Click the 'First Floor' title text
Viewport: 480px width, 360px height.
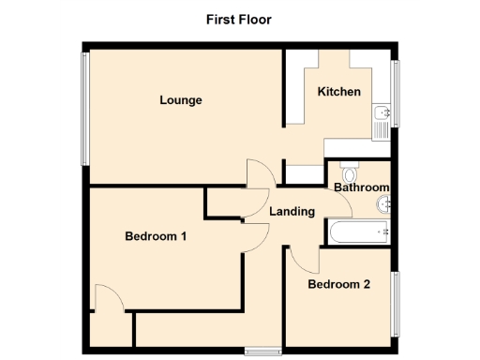(x=239, y=19)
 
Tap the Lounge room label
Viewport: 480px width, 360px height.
(x=181, y=100)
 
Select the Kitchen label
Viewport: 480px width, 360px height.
(x=338, y=92)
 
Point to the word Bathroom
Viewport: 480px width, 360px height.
(x=361, y=187)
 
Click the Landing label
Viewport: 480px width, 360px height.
(x=292, y=212)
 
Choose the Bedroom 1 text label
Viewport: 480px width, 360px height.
(x=156, y=237)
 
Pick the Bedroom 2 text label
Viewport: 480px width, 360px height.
(x=338, y=284)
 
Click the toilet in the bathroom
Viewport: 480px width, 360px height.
(x=350, y=174)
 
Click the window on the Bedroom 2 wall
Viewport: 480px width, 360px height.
(x=395, y=302)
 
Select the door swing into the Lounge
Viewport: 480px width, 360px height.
(x=260, y=173)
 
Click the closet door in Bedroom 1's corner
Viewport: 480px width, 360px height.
(x=108, y=299)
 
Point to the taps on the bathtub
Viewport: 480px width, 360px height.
(x=382, y=231)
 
